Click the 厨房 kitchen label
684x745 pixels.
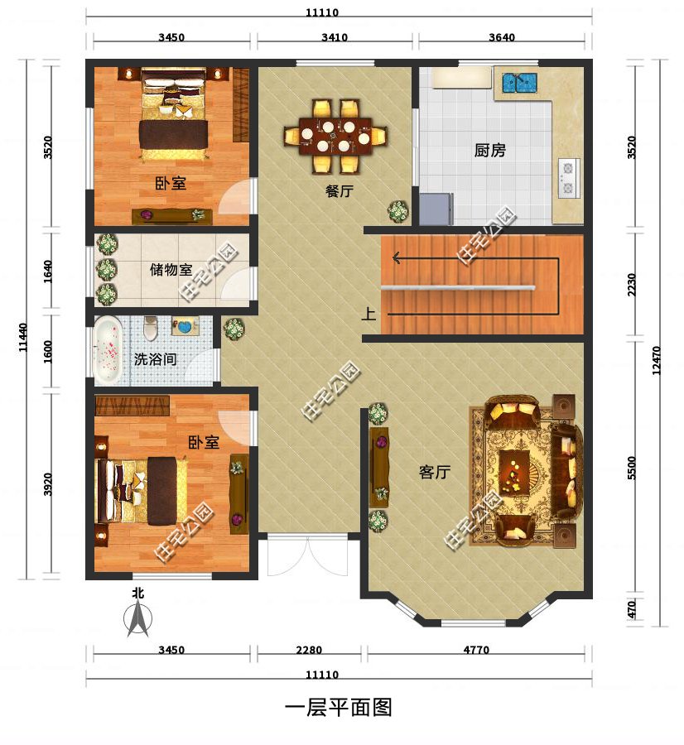click(489, 151)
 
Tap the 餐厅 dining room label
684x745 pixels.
click(340, 191)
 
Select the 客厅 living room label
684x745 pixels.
click(434, 473)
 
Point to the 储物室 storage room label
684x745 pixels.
click(171, 270)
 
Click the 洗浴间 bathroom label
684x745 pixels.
click(156, 360)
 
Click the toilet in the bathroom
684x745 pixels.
click(150, 329)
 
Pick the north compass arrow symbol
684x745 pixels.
click(138, 619)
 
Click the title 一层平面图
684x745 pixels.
click(338, 708)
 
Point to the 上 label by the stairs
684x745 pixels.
click(368, 314)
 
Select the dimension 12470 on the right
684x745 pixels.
click(657, 360)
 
